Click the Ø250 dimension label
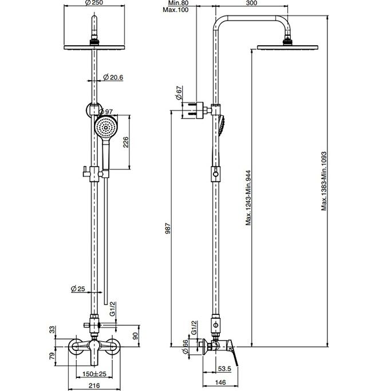(x=94, y=3)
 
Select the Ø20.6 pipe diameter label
(x=113, y=77)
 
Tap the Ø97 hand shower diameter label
(x=106, y=112)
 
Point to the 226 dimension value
(x=126, y=142)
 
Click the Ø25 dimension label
(x=78, y=289)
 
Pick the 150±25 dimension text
(x=94, y=374)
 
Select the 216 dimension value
(x=94, y=385)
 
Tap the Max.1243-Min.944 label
(x=248, y=198)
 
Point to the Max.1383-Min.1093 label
(x=323, y=181)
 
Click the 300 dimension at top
(x=251, y=3)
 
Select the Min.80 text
(x=178, y=3)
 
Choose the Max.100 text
(x=176, y=10)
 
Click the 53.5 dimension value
(x=224, y=369)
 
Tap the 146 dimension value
(x=220, y=382)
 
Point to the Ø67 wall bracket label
(x=179, y=93)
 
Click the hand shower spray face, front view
(x=106, y=127)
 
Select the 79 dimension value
(x=52, y=356)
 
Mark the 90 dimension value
(x=136, y=336)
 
